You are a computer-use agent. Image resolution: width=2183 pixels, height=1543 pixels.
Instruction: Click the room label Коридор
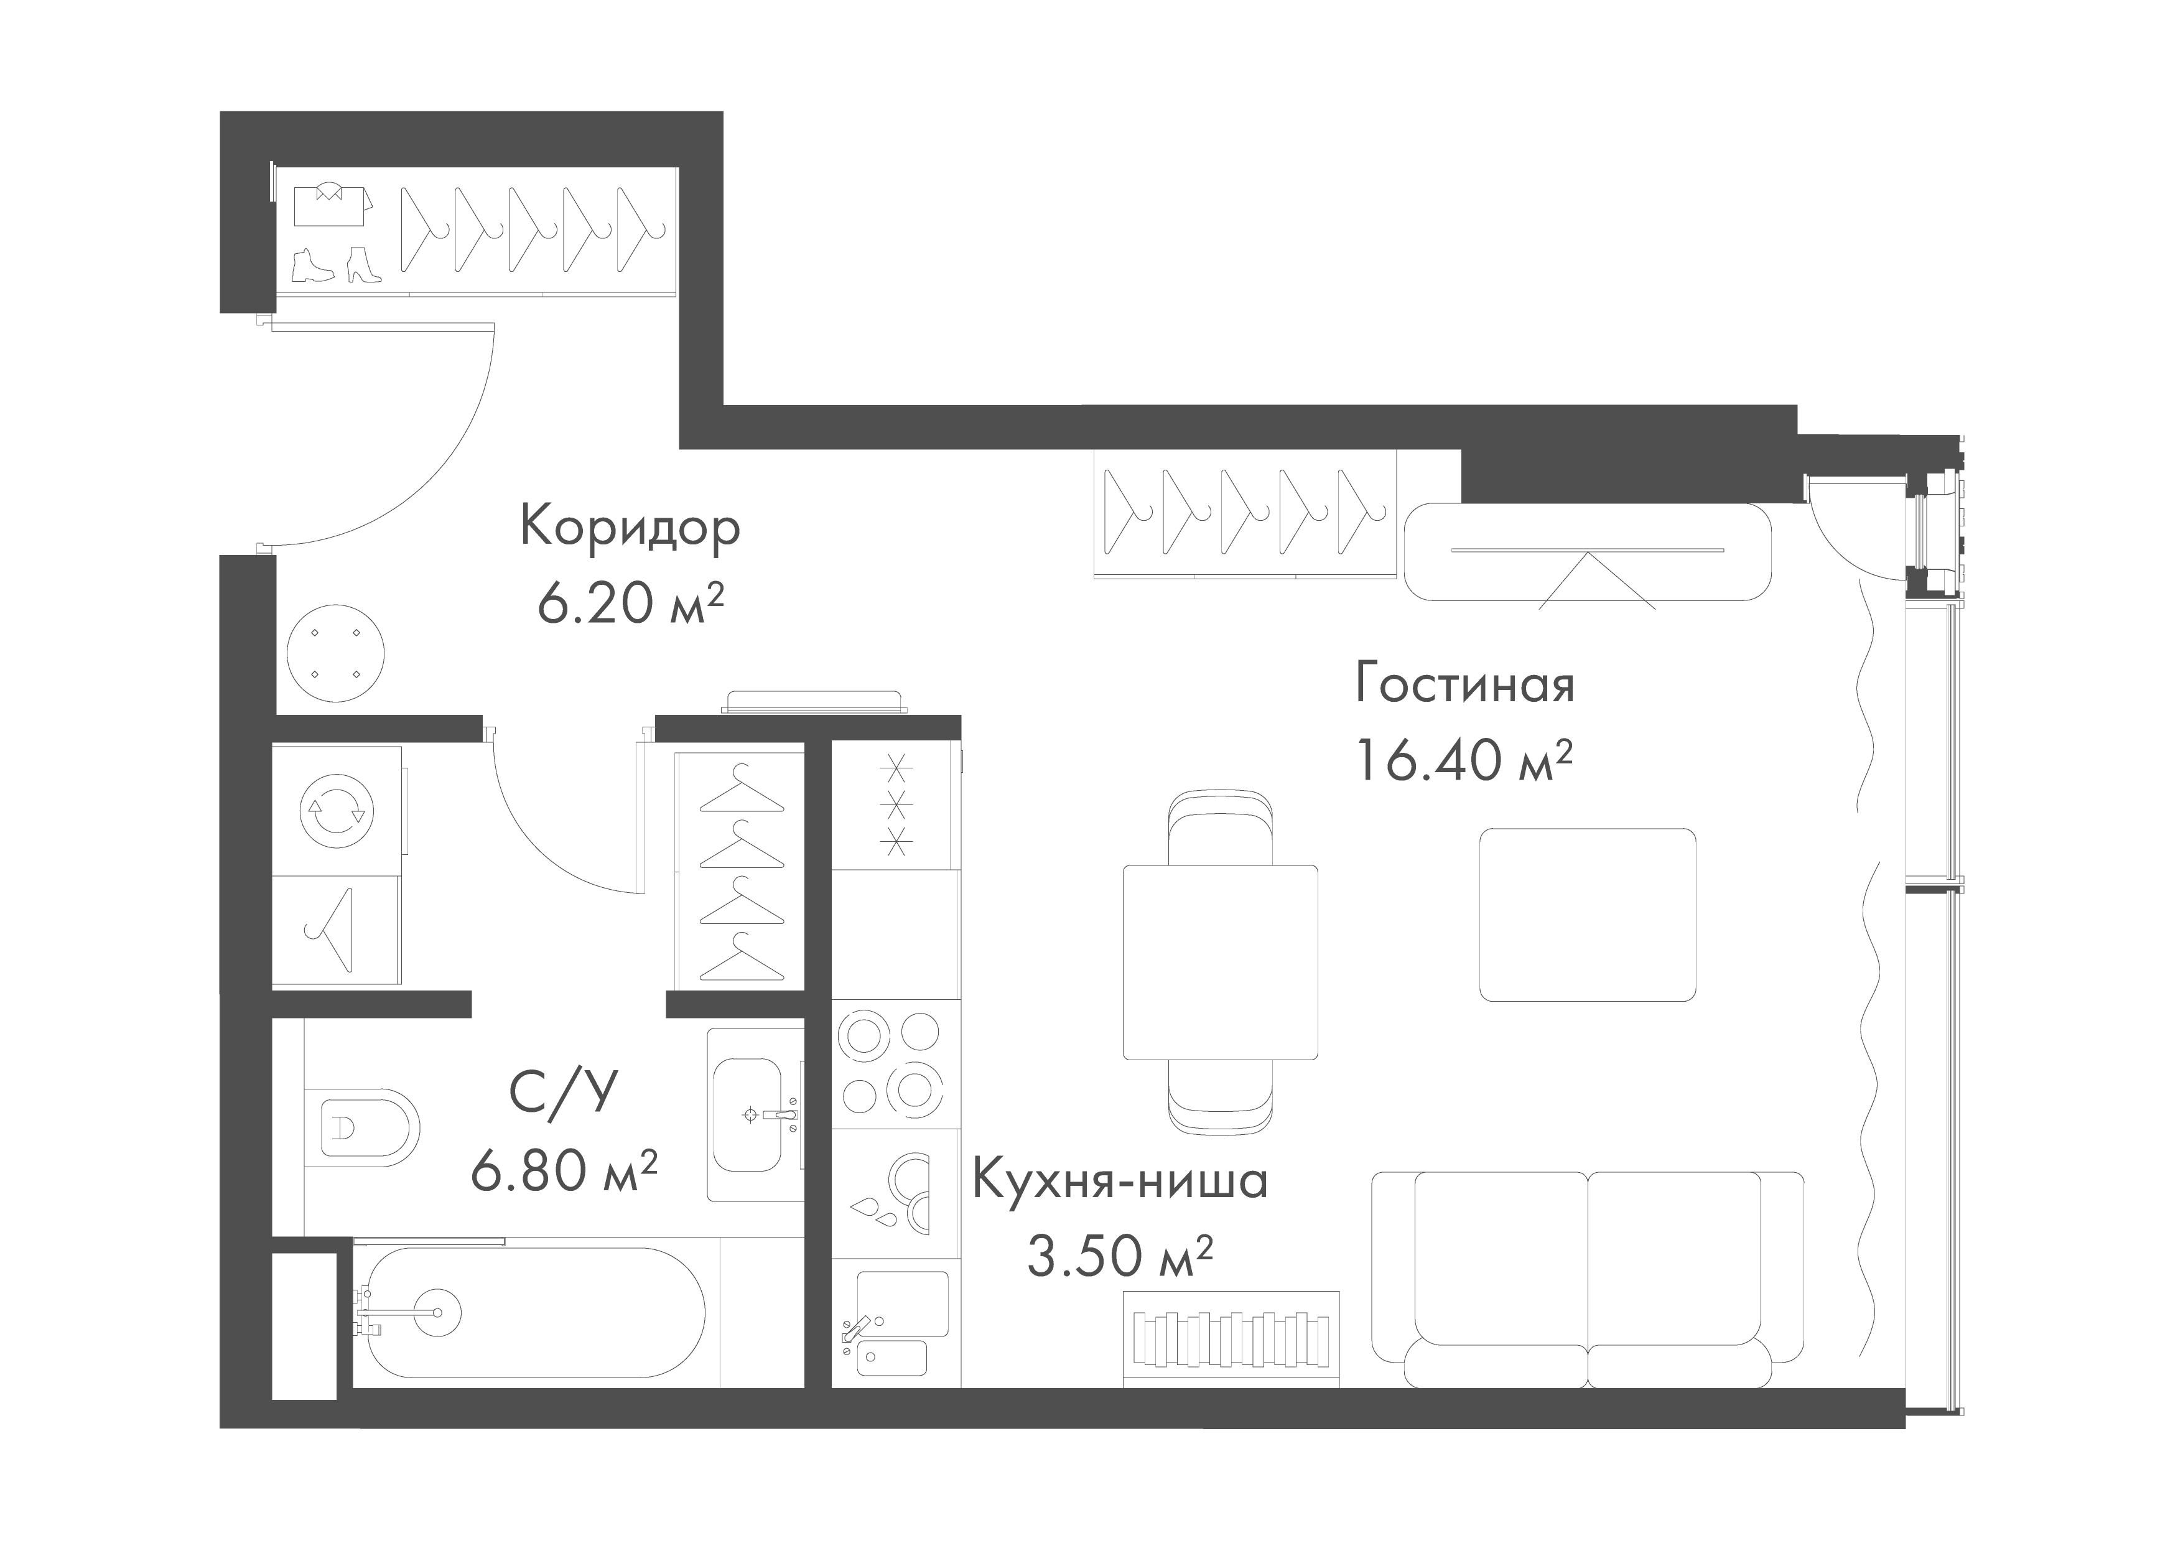[x=630, y=529]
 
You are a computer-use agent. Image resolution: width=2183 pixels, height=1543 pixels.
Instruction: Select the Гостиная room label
[x=1464, y=684]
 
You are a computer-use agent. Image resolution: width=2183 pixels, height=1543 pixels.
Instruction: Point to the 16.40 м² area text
[x=1464, y=760]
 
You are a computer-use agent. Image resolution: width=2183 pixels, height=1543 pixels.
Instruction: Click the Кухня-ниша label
[x=1119, y=1182]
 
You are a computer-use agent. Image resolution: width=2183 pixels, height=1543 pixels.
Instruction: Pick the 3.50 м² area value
[x=1119, y=1256]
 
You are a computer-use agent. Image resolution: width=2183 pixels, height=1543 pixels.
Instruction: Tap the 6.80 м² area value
[x=564, y=1169]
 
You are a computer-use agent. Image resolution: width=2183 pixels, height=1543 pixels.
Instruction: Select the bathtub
[x=533, y=1313]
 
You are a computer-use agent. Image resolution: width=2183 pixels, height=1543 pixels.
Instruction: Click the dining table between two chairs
[x=1220, y=962]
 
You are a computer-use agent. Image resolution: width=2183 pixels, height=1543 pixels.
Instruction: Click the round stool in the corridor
[x=335, y=653]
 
